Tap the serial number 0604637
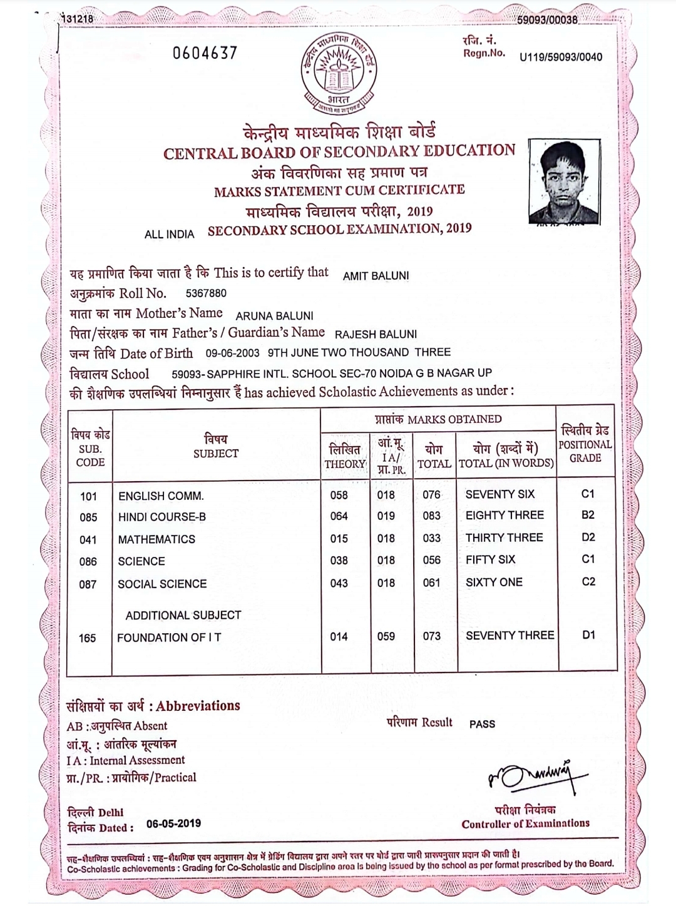click(205, 53)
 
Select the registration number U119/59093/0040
click(561, 58)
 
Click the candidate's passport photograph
click(563, 181)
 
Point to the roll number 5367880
click(206, 293)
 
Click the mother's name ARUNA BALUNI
click(274, 316)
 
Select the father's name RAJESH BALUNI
click(376, 335)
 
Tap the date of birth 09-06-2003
click(233, 353)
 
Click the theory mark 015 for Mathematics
click(339, 539)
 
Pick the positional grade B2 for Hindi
click(588, 515)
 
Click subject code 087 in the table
click(88, 584)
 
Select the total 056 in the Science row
click(431, 561)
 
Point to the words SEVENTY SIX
click(499, 494)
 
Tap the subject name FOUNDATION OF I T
click(169, 638)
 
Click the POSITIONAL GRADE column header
click(585, 444)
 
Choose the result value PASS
click(482, 724)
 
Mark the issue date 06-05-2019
click(173, 823)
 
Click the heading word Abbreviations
click(198, 706)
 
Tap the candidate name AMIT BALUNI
click(376, 275)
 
